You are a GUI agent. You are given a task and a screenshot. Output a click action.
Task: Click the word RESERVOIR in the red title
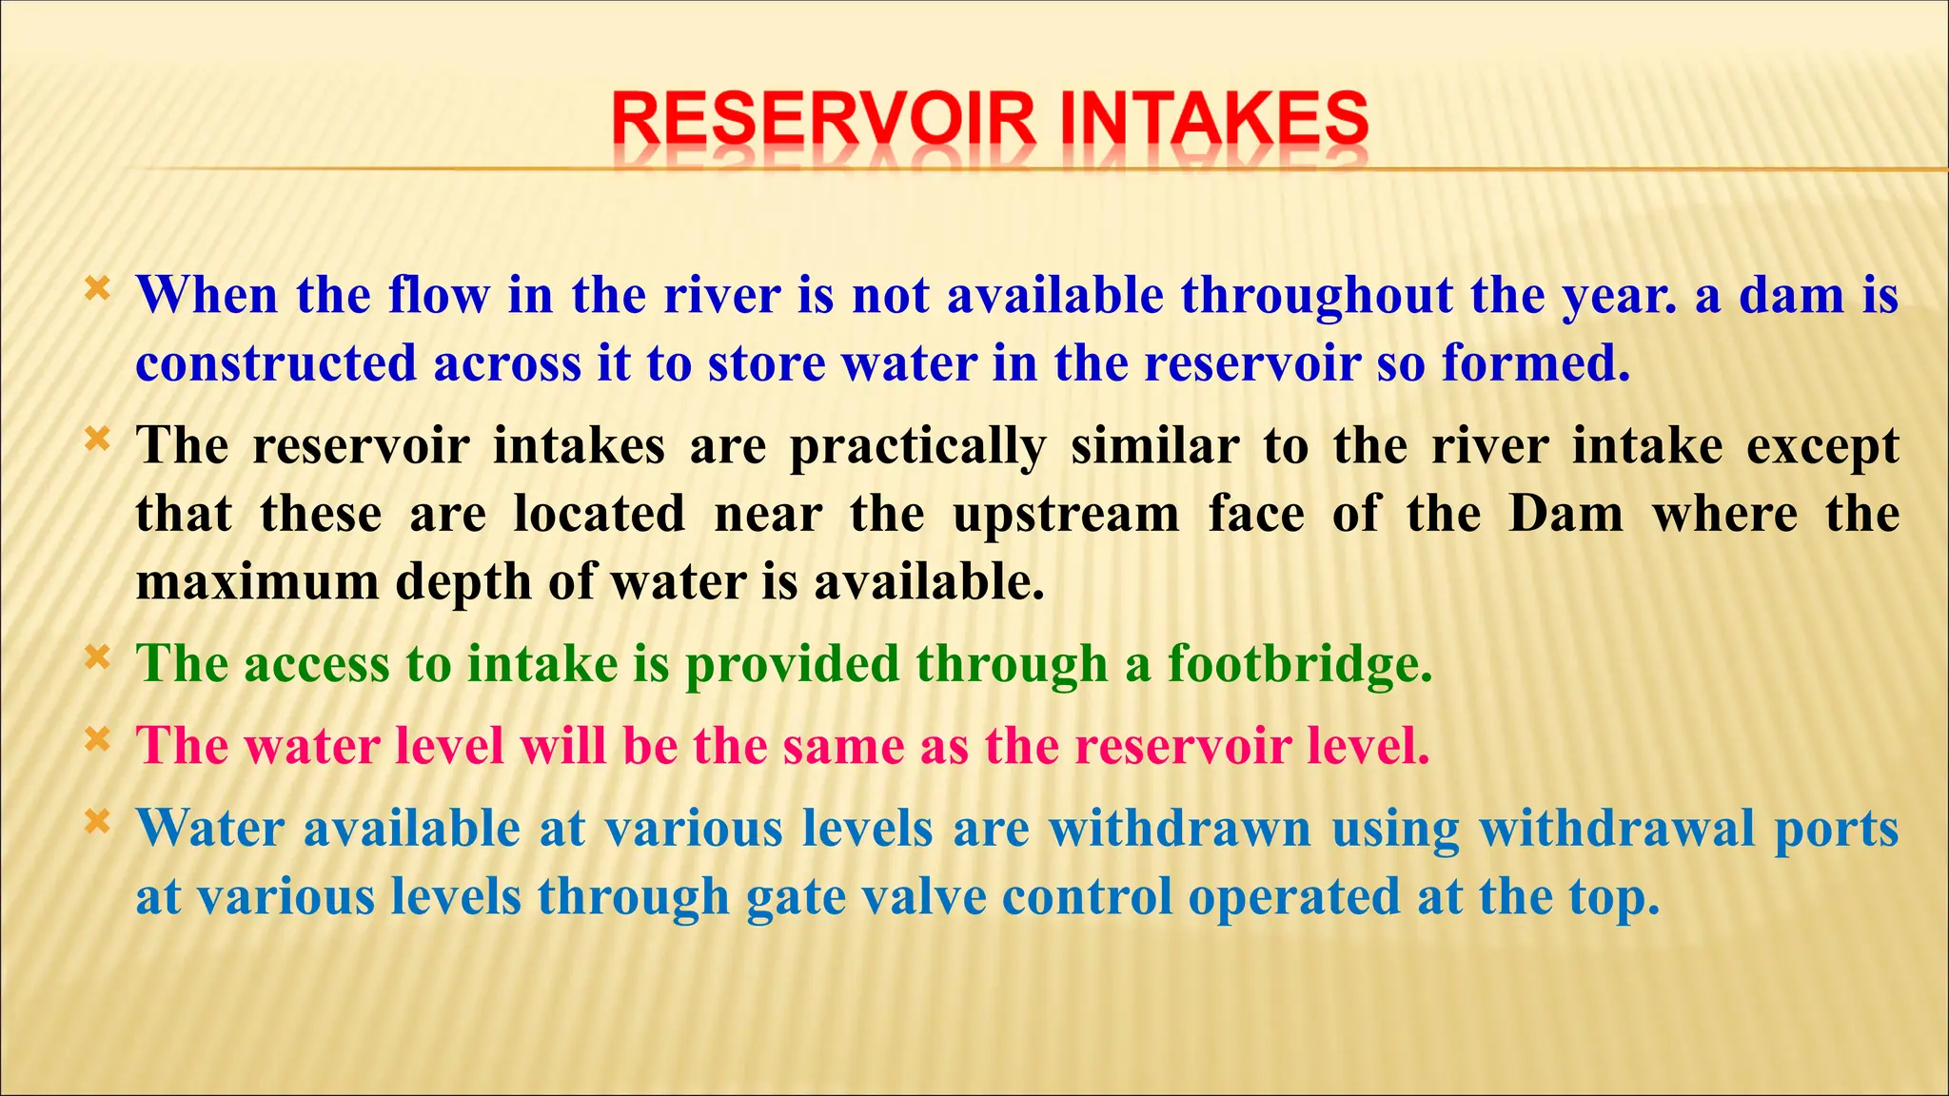(x=822, y=121)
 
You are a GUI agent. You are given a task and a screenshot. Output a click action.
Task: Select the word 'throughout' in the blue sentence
(x=1317, y=296)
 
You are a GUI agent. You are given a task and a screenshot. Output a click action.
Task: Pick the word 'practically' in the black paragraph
(x=917, y=447)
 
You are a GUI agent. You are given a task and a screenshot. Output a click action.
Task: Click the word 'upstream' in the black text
(x=1066, y=515)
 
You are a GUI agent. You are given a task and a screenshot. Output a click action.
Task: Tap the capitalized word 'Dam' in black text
(x=1566, y=515)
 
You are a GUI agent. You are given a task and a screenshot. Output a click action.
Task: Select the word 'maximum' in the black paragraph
(x=257, y=582)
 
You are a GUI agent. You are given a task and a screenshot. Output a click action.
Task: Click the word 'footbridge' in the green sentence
(x=1299, y=664)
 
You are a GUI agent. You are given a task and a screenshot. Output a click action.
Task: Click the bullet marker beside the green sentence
(x=97, y=656)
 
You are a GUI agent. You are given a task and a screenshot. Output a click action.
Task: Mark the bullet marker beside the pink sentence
(x=97, y=738)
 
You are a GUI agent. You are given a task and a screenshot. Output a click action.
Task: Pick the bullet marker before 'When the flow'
(x=97, y=287)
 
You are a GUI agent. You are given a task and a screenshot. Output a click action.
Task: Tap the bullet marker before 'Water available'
(x=97, y=820)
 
